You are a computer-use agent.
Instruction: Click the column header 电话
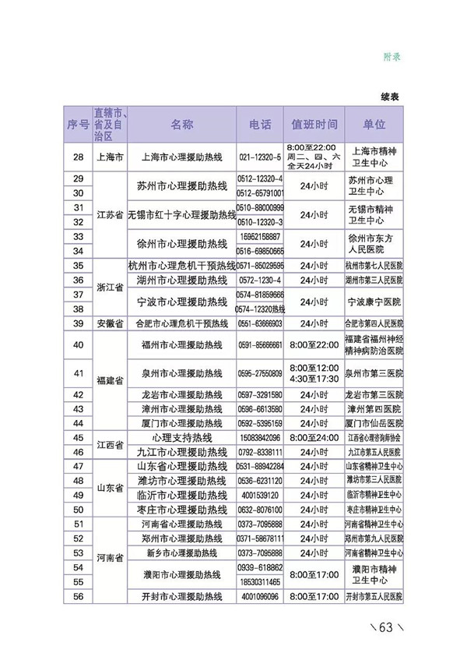point(260,125)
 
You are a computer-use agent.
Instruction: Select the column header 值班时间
point(314,125)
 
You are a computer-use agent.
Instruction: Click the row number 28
point(77,157)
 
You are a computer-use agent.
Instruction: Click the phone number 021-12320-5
point(260,157)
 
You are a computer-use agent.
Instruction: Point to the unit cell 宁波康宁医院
point(374,302)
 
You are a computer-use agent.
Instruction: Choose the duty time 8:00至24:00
point(314,438)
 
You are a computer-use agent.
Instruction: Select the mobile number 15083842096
point(260,438)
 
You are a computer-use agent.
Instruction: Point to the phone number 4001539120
point(260,495)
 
